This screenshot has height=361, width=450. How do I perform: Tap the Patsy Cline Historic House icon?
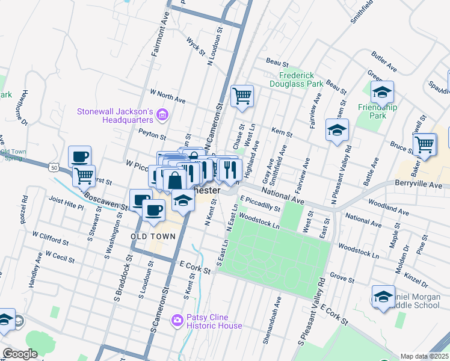[x=177, y=319]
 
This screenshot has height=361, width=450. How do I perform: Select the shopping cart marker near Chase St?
[x=242, y=96]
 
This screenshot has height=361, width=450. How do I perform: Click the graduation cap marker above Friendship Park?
[x=382, y=93]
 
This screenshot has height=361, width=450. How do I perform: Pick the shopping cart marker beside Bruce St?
[x=425, y=144]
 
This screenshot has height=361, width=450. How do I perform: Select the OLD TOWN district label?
[x=153, y=236]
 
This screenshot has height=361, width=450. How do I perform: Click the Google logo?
[x=20, y=354]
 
